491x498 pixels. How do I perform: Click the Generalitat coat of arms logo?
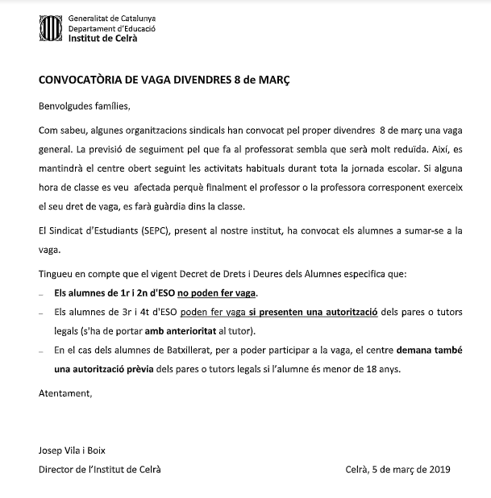(50, 29)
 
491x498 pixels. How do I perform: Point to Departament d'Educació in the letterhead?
(112, 27)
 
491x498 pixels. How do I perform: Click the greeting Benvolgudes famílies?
(84, 106)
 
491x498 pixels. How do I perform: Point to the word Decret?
(198, 274)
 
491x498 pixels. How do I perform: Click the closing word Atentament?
(65, 393)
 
